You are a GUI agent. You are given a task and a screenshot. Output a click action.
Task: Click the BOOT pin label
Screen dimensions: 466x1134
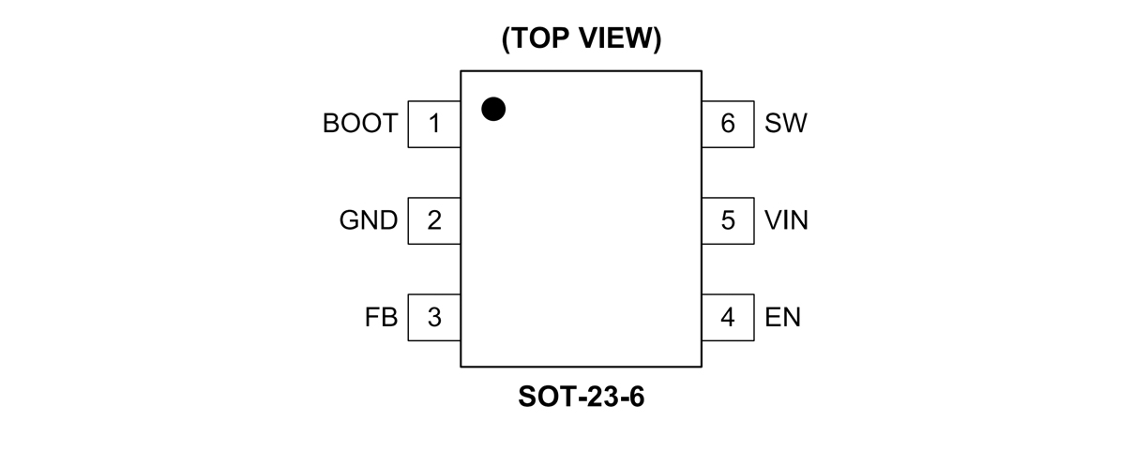click(x=360, y=124)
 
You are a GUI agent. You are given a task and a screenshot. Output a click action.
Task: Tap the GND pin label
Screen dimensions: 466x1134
click(x=369, y=221)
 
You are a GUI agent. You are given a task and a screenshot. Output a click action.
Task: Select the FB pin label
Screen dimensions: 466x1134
click(x=382, y=318)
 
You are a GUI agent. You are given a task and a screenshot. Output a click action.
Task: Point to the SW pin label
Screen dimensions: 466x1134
click(x=785, y=124)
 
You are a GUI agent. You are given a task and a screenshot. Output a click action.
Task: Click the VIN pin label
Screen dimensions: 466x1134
click(x=786, y=221)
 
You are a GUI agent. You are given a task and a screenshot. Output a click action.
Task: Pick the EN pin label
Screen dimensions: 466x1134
click(x=782, y=318)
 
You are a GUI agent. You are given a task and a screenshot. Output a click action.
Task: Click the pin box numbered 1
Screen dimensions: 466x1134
click(x=434, y=124)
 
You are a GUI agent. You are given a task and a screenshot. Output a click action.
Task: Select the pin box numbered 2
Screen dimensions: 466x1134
click(x=434, y=221)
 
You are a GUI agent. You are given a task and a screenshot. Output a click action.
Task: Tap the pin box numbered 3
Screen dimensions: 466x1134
click(x=434, y=318)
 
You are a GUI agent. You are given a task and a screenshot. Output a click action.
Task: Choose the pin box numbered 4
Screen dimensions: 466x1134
click(x=728, y=318)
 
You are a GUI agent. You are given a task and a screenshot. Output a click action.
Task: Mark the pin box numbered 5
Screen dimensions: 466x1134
click(x=728, y=221)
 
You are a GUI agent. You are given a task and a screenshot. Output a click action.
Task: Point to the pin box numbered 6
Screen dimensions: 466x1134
click(x=728, y=124)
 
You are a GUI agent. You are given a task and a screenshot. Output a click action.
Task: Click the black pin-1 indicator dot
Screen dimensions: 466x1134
click(x=493, y=109)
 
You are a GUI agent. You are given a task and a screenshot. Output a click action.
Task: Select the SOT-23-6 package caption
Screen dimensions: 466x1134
click(x=582, y=398)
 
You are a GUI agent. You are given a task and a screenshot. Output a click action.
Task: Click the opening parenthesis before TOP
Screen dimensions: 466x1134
click(x=507, y=40)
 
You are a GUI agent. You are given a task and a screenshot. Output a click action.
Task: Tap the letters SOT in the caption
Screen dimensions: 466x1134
click(x=541, y=398)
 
